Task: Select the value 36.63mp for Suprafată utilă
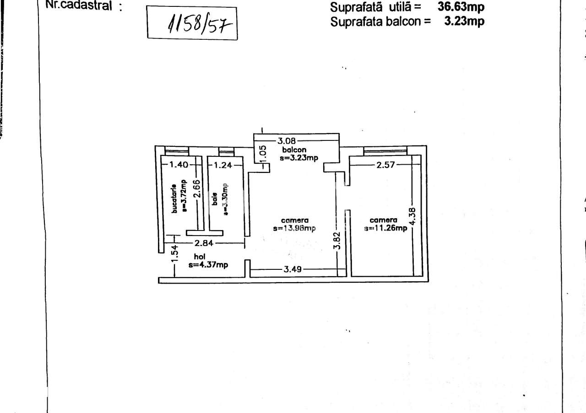[x=461, y=7]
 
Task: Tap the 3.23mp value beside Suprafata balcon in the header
[x=464, y=21]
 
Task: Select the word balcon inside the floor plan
[x=294, y=150]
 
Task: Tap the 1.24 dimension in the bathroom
[x=223, y=165]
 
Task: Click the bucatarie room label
[x=174, y=198]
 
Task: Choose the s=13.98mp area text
[x=294, y=229]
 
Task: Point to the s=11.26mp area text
[x=385, y=228]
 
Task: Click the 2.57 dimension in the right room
[x=385, y=165]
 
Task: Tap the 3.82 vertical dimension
[x=337, y=240]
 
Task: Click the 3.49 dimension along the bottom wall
[x=292, y=269]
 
